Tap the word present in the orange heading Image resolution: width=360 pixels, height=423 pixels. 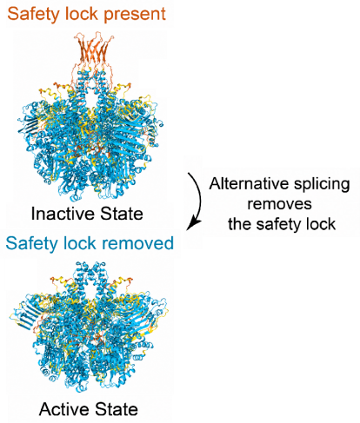(x=135, y=15)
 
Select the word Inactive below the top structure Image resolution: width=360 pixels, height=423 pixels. (x=63, y=214)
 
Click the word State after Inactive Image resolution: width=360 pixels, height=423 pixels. (x=122, y=214)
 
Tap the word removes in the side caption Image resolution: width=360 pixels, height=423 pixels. (x=279, y=204)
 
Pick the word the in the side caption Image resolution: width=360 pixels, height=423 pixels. (x=239, y=224)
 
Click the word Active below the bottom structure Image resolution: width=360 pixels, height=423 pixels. (x=64, y=409)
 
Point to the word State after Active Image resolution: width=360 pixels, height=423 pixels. (x=117, y=409)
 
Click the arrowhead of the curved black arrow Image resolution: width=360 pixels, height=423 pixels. (x=192, y=225)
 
